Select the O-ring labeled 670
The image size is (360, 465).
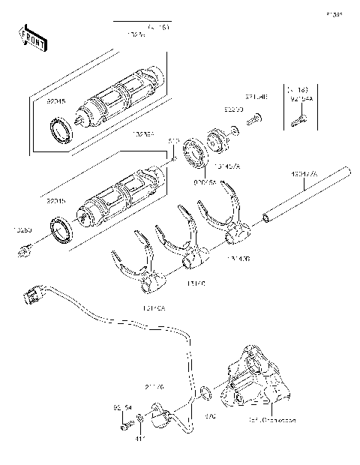pos(205,393)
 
